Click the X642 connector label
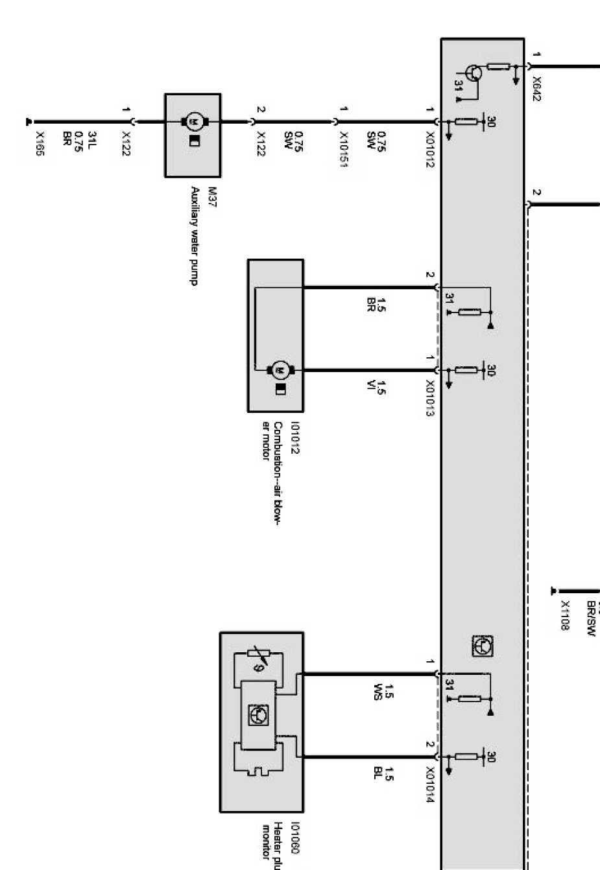[536, 89]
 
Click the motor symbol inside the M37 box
[193, 121]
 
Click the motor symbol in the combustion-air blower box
[281, 370]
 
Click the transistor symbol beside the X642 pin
[474, 73]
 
